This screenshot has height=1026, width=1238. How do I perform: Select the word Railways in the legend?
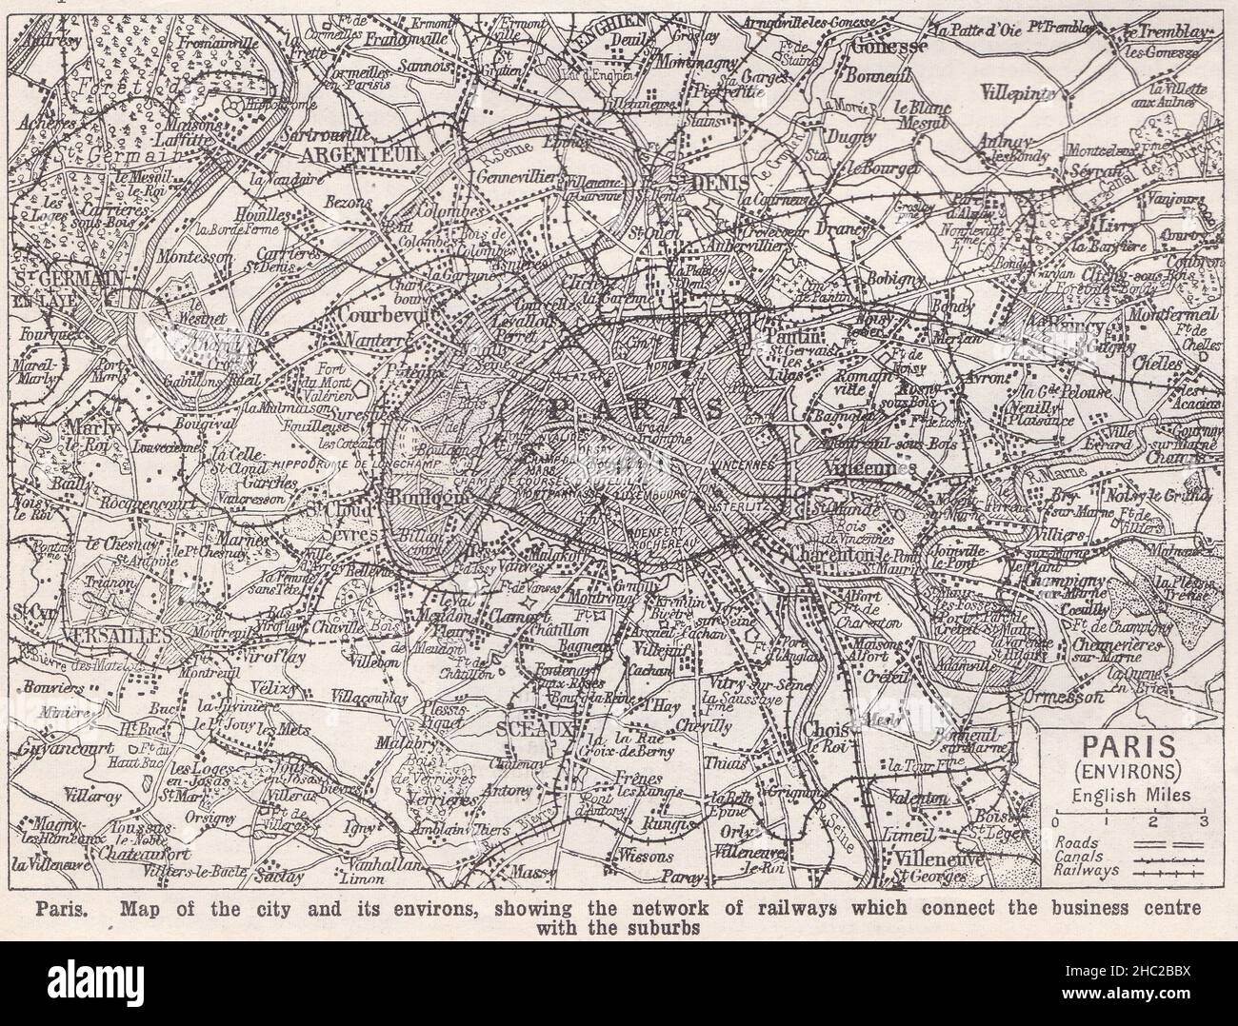pyautogui.click(x=1088, y=869)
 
